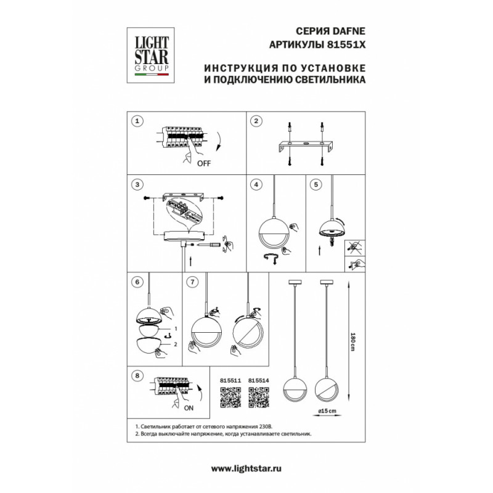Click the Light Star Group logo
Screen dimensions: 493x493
coord(150,55)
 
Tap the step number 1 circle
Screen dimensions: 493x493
coord(137,121)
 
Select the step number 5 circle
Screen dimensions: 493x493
coord(316,184)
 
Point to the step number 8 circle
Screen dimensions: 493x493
coord(137,376)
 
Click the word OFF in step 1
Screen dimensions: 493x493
coord(204,163)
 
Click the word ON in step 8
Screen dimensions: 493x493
coord(189,408)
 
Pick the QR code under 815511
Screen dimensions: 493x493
coord(230,397)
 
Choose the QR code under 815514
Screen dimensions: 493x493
coord(259,397)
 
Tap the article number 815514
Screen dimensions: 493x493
coord(259,380)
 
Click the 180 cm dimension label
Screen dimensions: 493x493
coord(352,342)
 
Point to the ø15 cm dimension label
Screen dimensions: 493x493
coord(327,410)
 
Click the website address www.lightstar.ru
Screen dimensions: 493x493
coord(246,469)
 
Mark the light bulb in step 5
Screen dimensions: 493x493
coord(332,242)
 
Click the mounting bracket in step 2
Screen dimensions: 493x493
coord(306,146)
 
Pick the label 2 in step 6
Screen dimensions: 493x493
coord(176,344)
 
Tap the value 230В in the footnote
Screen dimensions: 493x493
coord(264,426)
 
